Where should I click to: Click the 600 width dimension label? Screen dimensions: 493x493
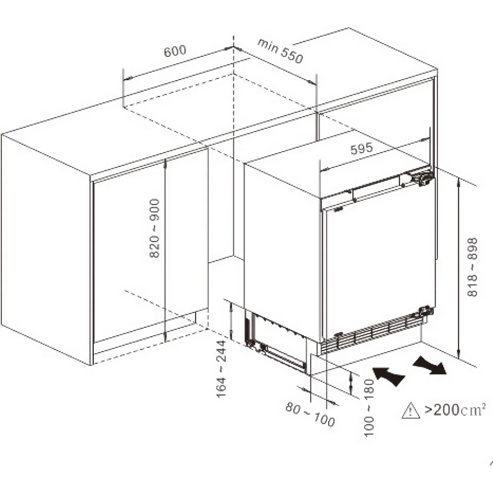pyautogui.click(x=175, y=51)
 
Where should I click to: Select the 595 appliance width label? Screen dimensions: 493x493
pyautogui.click(x=362, y=149)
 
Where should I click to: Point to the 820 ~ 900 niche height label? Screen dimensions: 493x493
pyautogui.click(x=155, y=229)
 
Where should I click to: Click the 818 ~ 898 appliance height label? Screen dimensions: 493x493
pyautogui.click(x=472, y=267)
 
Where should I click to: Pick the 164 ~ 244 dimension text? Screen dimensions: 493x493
pyautogui.click(x=221, y=369)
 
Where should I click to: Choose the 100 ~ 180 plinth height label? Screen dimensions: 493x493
pyautogui.click(x=369, y=408)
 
